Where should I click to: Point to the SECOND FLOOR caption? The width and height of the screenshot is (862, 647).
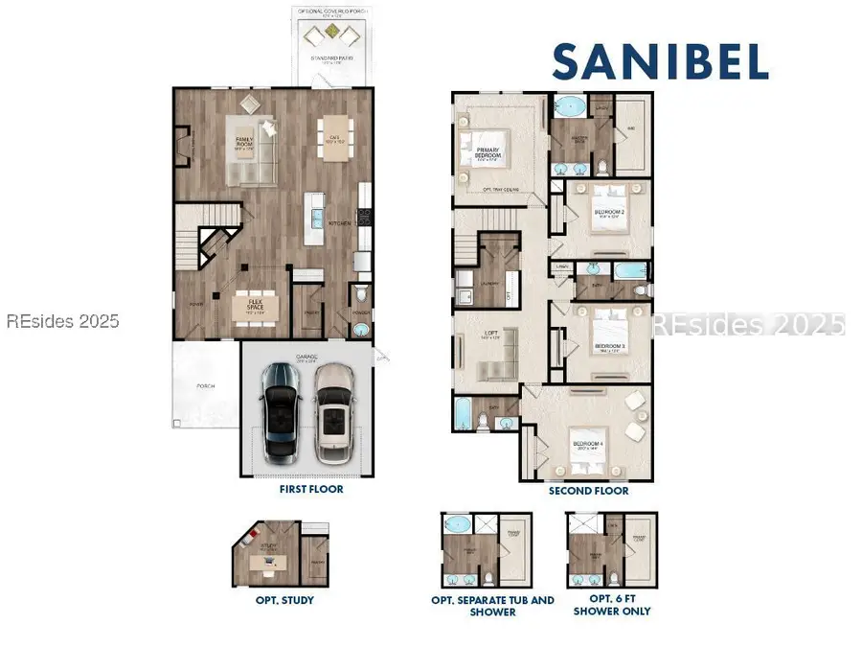click(589, 491)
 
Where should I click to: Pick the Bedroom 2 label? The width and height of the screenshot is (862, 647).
click(610, 213)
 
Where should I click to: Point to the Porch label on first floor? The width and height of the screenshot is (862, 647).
click(205, 386)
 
